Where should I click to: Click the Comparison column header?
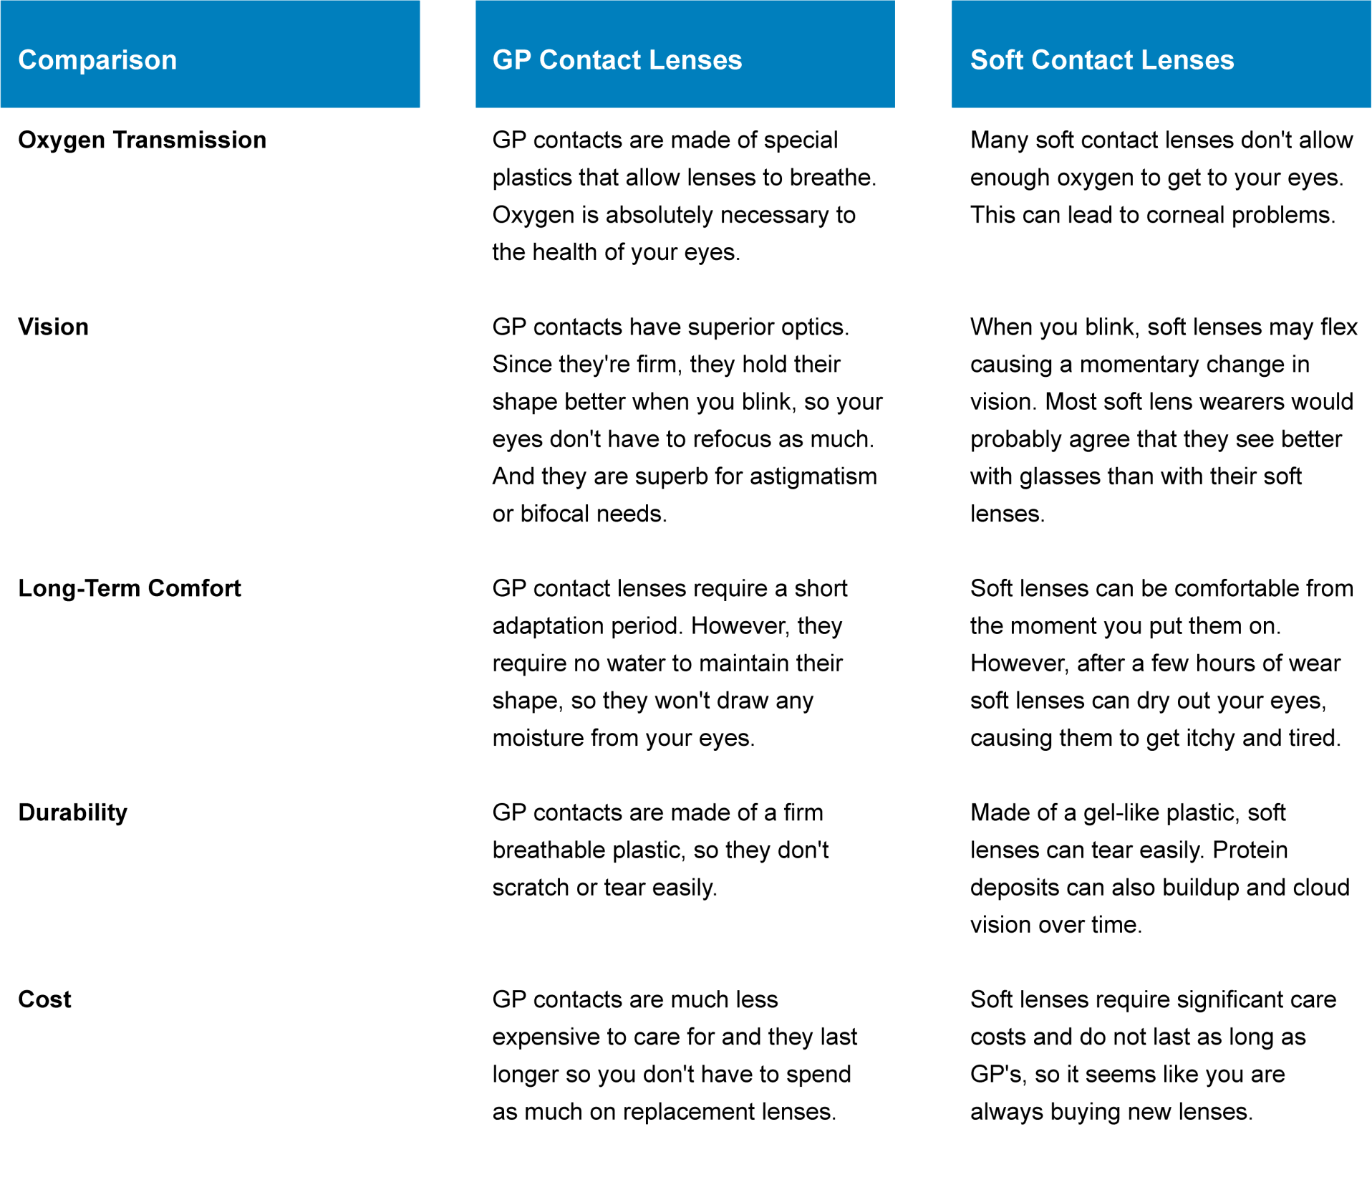[97, 60]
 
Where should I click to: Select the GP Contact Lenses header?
[617, 60]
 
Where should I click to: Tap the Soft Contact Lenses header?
[1101, 60]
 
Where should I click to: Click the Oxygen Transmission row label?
[142, 140]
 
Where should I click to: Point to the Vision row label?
[53, 327]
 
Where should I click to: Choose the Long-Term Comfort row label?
[129, 589]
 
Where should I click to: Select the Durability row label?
[72, 813]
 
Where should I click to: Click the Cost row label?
[44, 1000]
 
